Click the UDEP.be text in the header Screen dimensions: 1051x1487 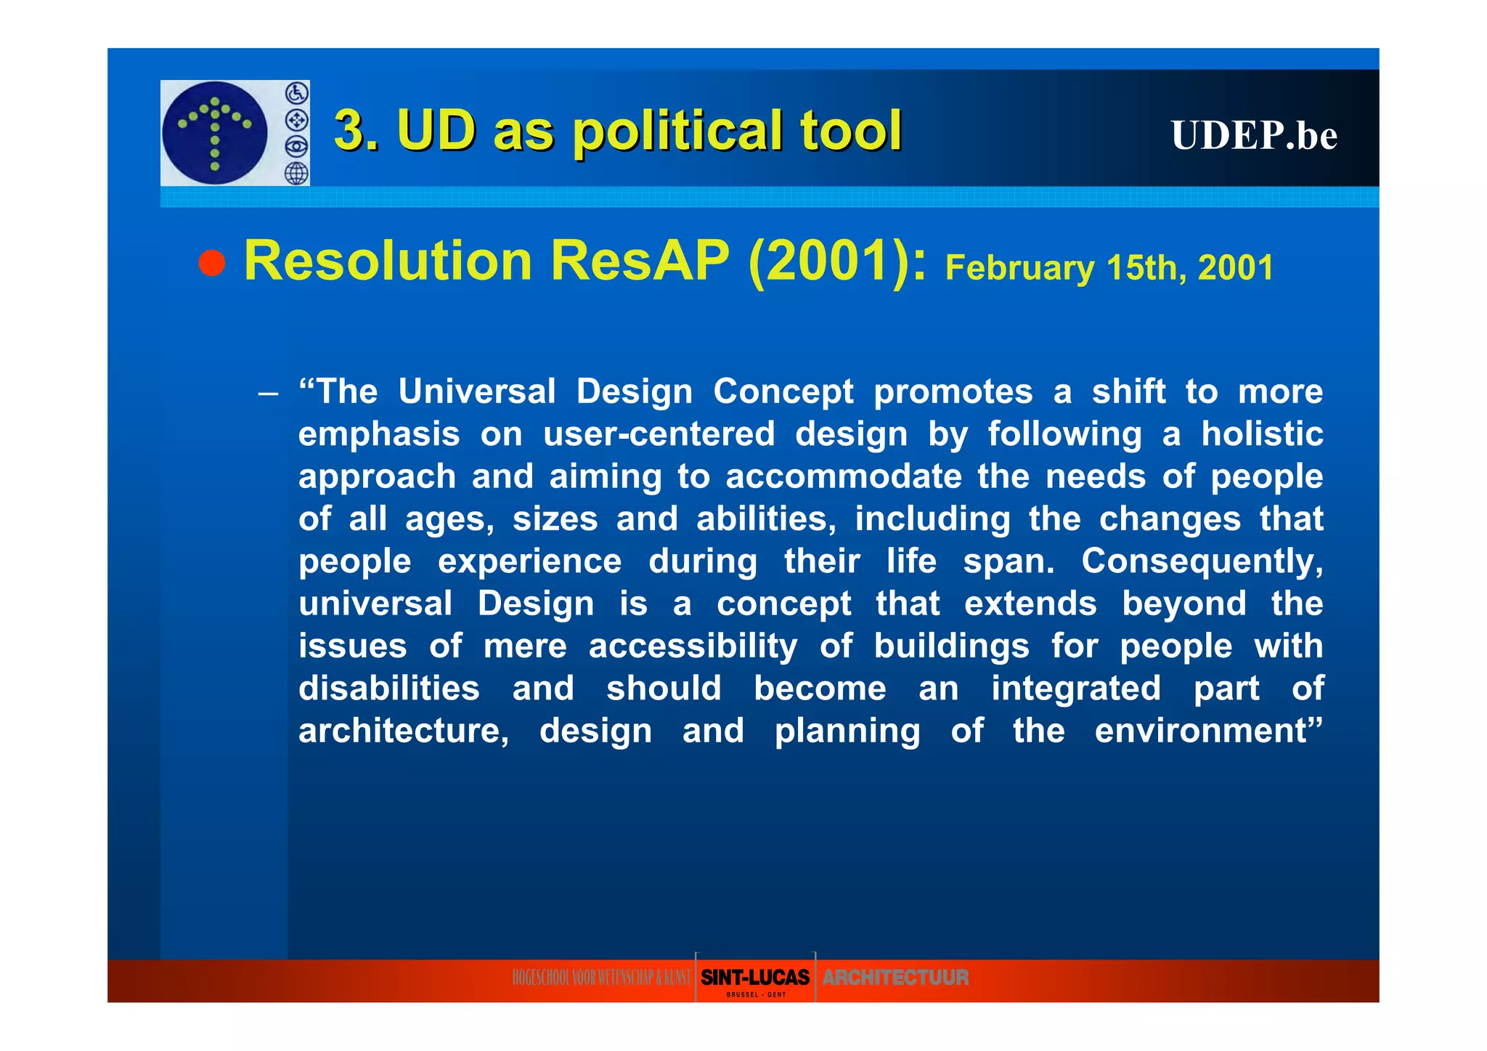coord(1253,135)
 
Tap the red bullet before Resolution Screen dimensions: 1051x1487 coord(212,263)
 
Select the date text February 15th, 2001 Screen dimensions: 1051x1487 coord(1109,268)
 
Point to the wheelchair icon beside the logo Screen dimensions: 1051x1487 coord(297,93)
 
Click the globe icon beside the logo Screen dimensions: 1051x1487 coord(296,174)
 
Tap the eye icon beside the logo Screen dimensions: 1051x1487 coord(296,147)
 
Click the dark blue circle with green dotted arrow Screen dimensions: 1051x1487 coord(215,133)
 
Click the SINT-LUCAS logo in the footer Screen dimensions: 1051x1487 coord(755,978)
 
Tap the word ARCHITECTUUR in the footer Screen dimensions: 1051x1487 coord(895,978)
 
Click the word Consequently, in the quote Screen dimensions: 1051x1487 coord(1202,561)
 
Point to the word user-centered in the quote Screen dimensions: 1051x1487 coord(659,434)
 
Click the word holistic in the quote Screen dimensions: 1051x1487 coord(1262,434)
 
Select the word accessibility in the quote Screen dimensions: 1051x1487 coord(693,646)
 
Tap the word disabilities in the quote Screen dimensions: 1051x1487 coord(389,689)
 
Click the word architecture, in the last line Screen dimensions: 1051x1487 coord(404,731)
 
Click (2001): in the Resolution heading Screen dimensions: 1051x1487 coord(837,261)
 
